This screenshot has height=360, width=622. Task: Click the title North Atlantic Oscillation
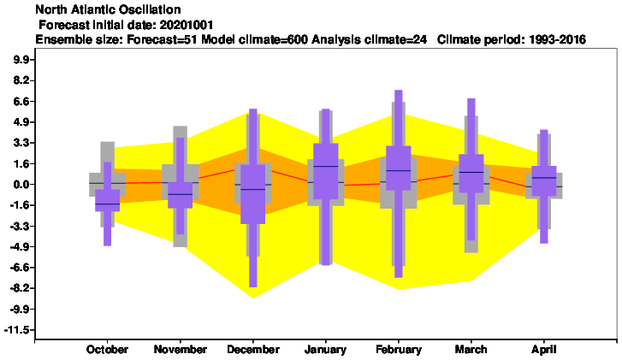(x=108, y=9)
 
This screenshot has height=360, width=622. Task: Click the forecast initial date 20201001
(x=187, y=25)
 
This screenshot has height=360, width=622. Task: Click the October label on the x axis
(x=107, y=350)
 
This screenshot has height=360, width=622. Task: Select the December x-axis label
(x=253, y=350)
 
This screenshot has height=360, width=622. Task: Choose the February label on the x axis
(x=399, y=350)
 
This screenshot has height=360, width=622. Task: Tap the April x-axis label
(x=544, y=350)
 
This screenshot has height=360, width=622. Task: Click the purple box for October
(x=108, y=200)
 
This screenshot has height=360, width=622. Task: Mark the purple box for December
(x=253, y=194)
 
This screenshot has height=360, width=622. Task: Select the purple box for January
(x=326, y=171)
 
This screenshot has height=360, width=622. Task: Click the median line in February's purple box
(x=399, y=170)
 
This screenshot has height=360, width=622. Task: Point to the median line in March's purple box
(x=471, y=172)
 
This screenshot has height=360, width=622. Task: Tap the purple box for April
(x=544, y=180)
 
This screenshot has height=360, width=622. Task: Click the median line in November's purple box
(x=180, y=194)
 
